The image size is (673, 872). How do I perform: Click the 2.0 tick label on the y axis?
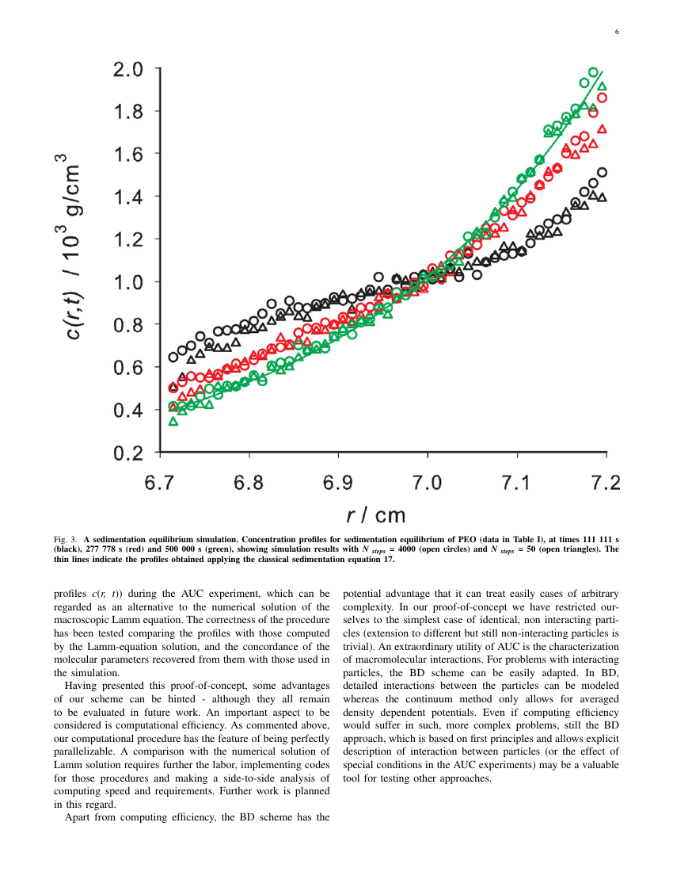pos(128,70)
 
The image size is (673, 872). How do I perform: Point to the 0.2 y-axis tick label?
pos(128,453)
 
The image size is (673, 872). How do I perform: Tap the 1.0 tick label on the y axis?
pos(128,282)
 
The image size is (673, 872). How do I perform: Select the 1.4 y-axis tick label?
pos(128,197)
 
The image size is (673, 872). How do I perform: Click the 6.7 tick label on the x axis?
pos(160,482)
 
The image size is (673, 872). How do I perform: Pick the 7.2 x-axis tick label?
pos(606,482)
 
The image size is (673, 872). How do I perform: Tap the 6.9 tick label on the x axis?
pos(338,482)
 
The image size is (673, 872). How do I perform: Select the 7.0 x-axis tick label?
pos(428,482)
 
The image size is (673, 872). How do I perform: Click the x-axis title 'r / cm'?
pos(376,516)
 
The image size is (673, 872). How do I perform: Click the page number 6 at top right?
pos(616,32)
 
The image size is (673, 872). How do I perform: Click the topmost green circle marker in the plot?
pos(593,72)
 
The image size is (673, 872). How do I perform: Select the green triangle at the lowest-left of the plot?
pos(173,421)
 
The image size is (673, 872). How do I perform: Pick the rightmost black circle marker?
pos(602,172)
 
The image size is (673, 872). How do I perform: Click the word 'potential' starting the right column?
pos(361,593)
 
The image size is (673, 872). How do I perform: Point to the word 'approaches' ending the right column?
pos(465,778)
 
